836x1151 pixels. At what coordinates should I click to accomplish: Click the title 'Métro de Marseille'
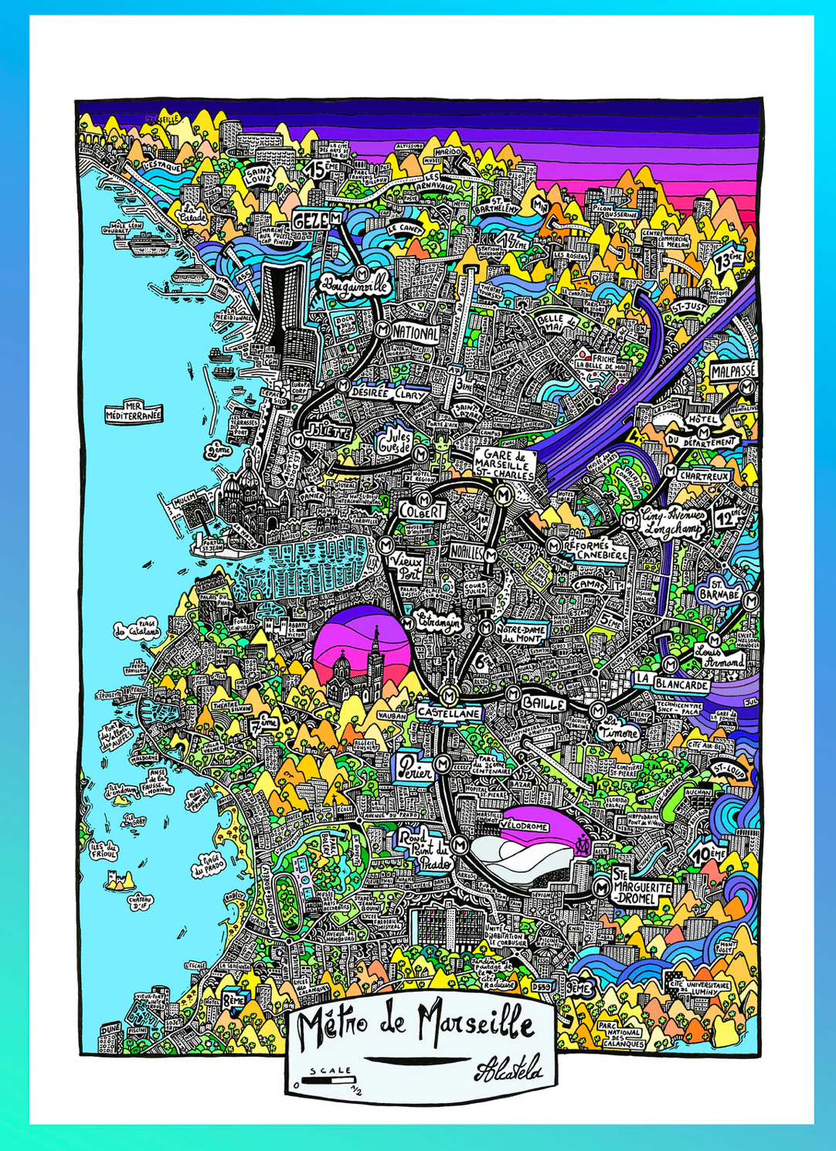416,1024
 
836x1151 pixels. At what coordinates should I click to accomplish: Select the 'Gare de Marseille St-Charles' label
504,464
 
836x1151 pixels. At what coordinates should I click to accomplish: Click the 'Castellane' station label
449,712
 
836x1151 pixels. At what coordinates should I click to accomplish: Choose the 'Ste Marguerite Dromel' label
642,888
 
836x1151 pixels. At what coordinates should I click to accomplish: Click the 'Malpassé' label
733,371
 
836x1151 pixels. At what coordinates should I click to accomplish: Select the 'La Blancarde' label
672,682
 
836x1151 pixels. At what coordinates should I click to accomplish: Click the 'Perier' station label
416,766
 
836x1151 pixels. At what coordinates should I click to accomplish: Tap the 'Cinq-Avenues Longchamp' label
674,523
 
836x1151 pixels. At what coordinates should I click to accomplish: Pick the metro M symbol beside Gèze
336,219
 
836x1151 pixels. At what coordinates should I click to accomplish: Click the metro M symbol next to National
382,329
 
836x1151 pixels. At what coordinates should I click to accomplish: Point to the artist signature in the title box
508,1070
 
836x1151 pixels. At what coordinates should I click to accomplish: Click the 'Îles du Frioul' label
104,851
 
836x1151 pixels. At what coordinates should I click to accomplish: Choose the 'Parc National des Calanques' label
622,1033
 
